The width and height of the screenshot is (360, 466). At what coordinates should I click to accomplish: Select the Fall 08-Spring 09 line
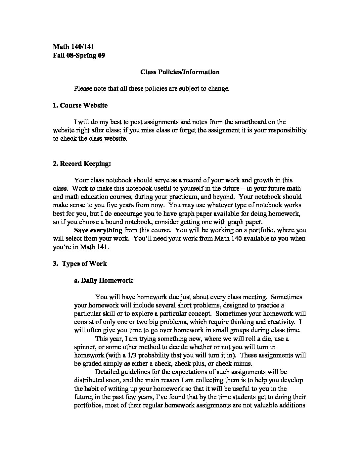tap(79, 55)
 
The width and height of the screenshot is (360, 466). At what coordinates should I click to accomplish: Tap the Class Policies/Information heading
tap(180, 72)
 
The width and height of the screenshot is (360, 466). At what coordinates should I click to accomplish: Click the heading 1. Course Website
tap(80, 106)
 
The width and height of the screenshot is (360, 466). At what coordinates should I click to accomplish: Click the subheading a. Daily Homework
tap(103, 280)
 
